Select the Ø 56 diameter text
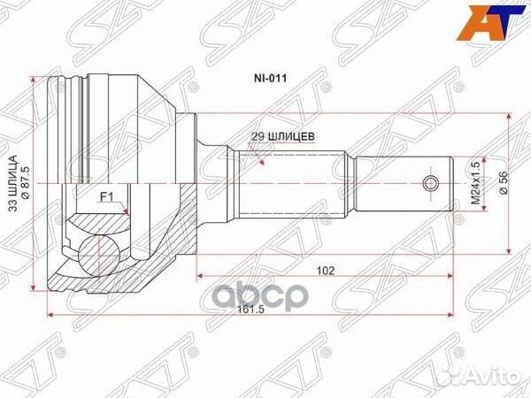pyautogui.click(x=503, y=184)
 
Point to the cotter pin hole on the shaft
pyautogui.click(x=431, y=183)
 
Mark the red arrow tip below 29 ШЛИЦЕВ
pyautogui.click(x=258, y=162)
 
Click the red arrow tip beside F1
pyautogui.click(x=130, y=213)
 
